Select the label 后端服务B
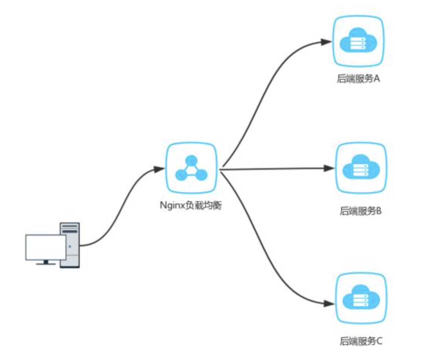[x=360, y=211]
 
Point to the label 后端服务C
[x=360, y=341]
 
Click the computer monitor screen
[x=45, y=247]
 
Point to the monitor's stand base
[x=46, y=263]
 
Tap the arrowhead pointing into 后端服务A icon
[x=326, y=41]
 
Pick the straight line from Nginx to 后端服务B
[x=274, y=169]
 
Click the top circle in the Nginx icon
[x=192, y=161]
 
